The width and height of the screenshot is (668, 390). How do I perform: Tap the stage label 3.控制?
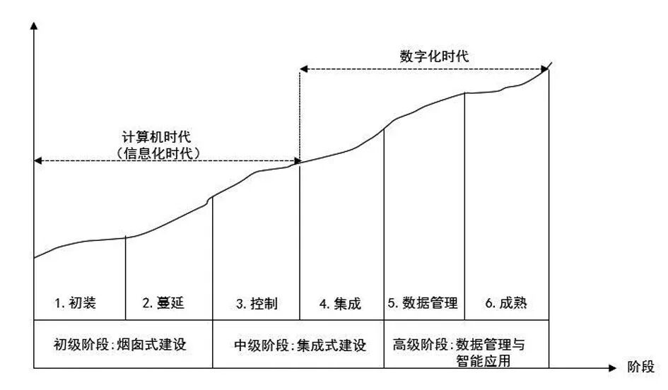click(256, 304)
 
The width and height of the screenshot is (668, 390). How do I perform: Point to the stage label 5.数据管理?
click(422, 304)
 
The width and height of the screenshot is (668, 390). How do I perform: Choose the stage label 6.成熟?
click(505, 304)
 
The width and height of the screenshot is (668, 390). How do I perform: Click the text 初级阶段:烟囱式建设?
click(123, 345)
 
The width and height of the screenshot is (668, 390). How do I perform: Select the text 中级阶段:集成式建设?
click(300, 345)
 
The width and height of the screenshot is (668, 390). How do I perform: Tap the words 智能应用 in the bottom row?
click(484, 361)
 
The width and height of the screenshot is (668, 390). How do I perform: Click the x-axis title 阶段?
click(640, 367)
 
